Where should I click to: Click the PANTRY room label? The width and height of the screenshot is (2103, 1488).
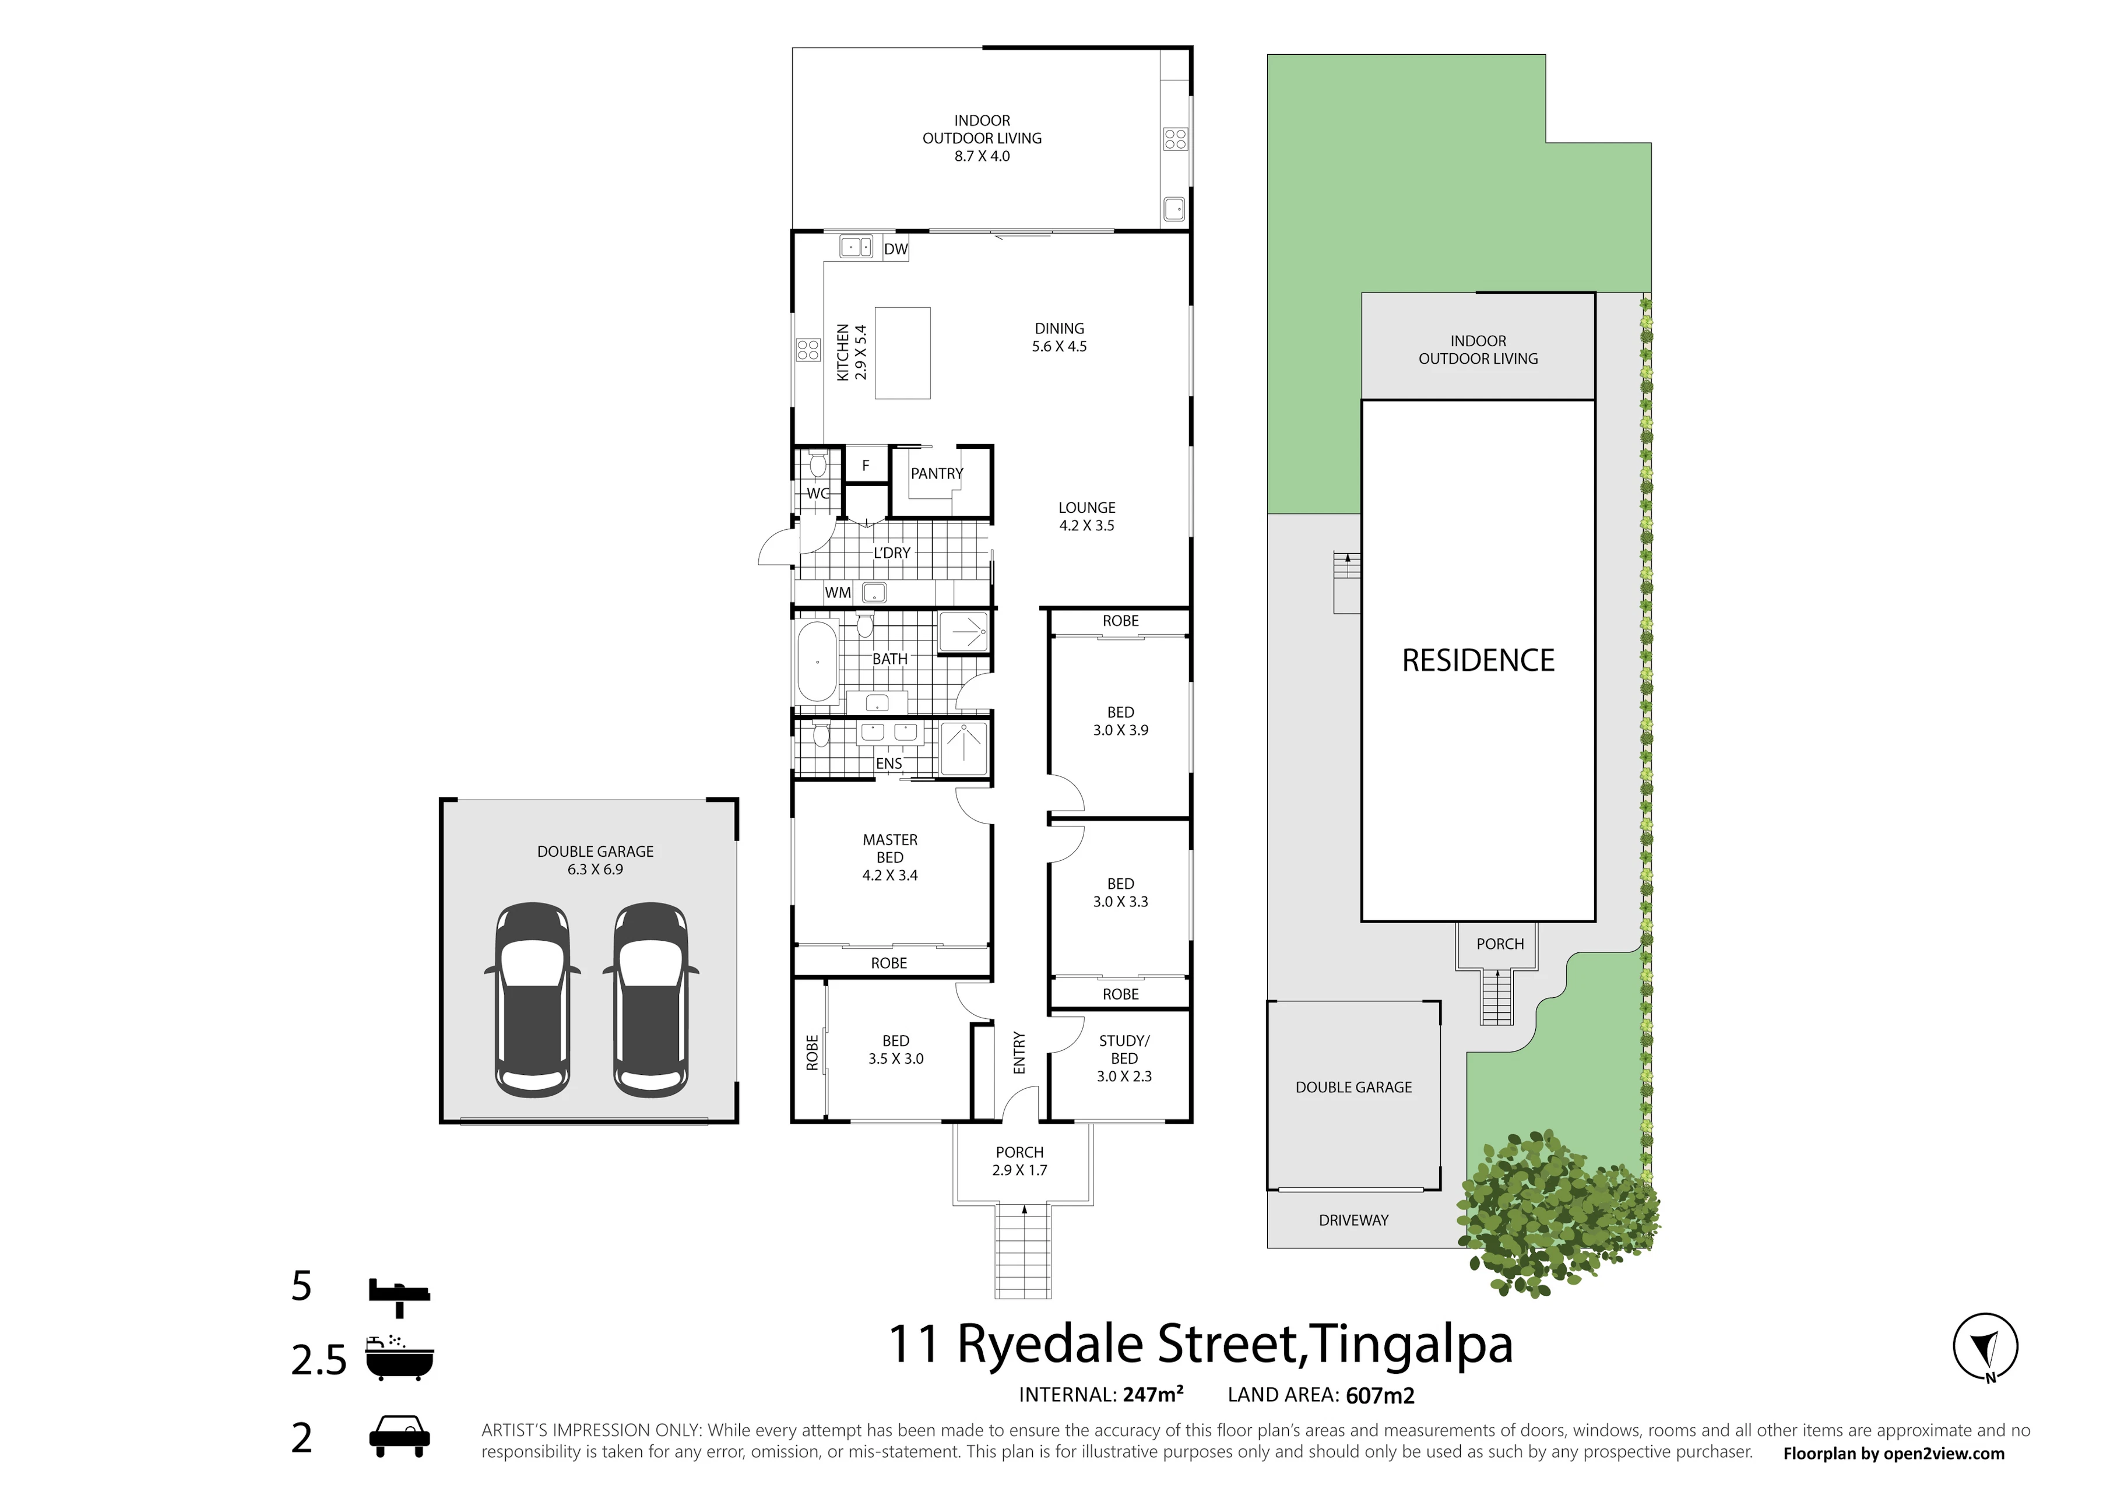937,474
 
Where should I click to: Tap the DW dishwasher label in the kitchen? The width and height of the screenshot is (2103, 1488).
895,249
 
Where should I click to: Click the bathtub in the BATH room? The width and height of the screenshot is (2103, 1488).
817,662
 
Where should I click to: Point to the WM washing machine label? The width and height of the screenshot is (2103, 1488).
838,593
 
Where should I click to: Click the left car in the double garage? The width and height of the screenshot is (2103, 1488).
532,1001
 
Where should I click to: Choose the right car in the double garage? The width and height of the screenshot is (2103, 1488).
650,1001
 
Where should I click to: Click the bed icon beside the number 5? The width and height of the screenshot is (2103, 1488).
399,1294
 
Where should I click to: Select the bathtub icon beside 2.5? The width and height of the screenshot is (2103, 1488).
399,1358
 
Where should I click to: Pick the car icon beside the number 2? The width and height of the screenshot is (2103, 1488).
399,1437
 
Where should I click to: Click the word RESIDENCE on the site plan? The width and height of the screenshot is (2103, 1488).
1478,660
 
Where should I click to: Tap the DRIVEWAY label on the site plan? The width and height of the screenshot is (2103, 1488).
1353,1220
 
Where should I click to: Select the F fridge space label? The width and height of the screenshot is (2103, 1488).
865,466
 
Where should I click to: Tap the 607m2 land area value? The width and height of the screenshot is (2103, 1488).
1380,1395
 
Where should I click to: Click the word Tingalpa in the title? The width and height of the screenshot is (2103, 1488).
1411,1344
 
